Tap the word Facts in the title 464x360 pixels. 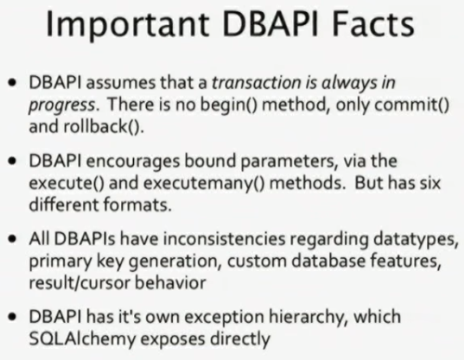click(373, 23)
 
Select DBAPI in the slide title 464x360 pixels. click(270, 23)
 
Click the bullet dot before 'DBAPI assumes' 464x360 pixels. click(12, 83)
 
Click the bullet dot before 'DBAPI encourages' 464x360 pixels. click(12, 161)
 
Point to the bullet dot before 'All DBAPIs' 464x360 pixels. click(12, 239)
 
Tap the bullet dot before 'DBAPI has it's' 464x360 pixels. click(12, 317)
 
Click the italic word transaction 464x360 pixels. click(257, 83)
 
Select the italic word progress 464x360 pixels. click(62, 106)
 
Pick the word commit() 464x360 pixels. click(412, 104)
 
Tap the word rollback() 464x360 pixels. click(104, 127)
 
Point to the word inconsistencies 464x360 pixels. click(225, 239)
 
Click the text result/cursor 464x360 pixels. click(79, 282)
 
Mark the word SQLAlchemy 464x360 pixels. click(82, 339)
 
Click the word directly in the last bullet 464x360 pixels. click(240, 339)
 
